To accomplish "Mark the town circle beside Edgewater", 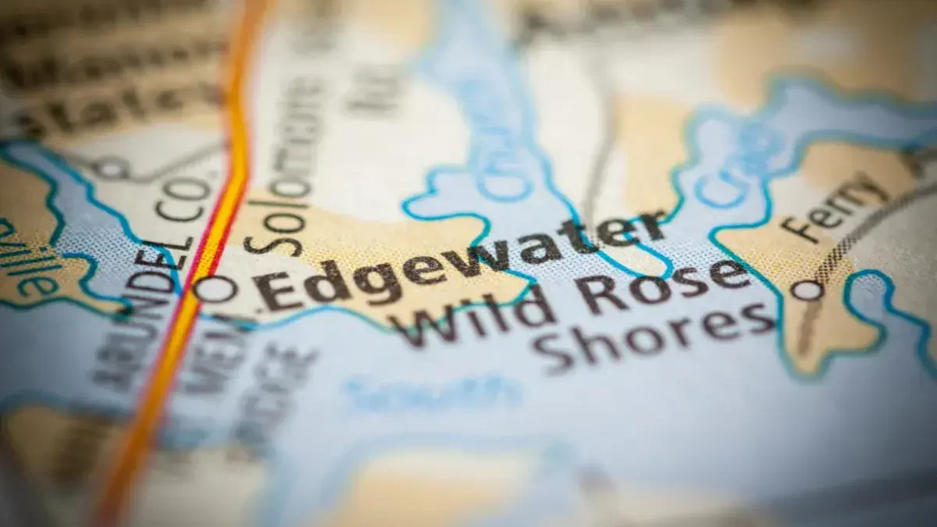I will [216, 289].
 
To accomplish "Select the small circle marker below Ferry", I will [807, 290].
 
